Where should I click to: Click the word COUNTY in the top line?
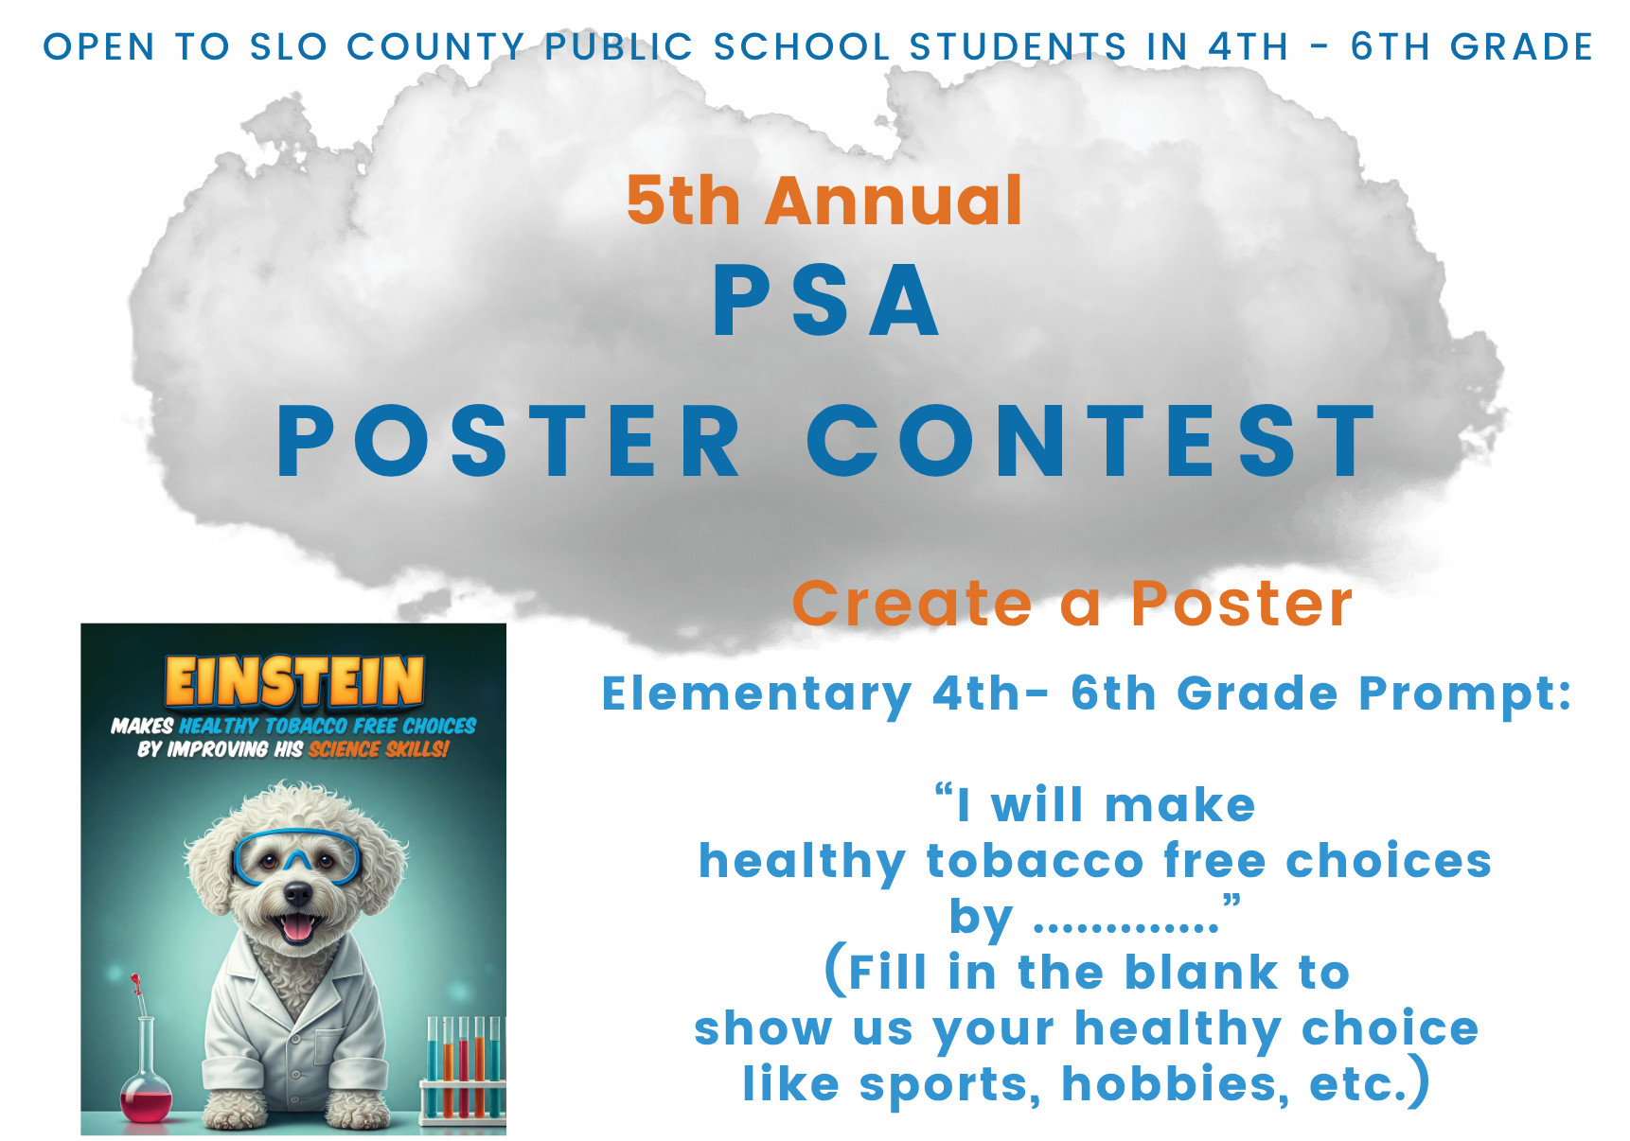point(435,46)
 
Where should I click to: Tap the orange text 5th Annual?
point(824,201)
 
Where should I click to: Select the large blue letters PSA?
point(826,300)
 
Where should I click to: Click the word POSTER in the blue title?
point(508,441)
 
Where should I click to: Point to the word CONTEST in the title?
point(1090,441)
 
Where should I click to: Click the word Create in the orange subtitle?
point(912,604)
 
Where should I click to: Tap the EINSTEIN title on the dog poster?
point(294,681)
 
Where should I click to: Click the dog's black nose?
point(298,893)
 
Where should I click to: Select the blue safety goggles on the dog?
point(297,856)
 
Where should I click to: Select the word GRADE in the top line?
point(1521,46)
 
